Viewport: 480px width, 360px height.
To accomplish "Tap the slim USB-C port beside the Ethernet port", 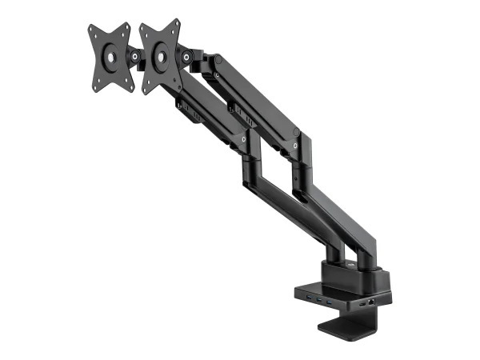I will (x=366, y=305).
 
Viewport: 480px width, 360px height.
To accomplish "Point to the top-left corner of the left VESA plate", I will (x=87, y=30).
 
